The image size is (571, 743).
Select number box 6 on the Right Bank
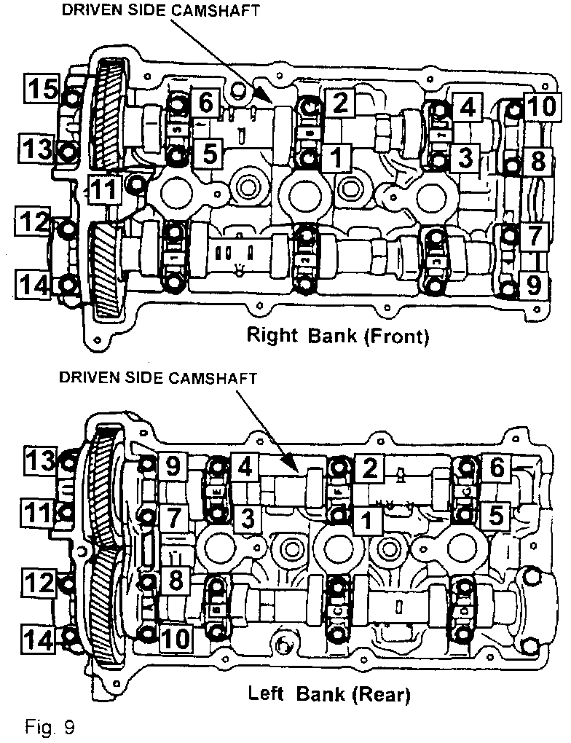pyautogui.click(x=206, y=103)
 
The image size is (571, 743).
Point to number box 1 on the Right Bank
pyautogui.click(x=336, y=155)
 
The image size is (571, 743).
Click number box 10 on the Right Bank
pyautogui.click(x=540, y=108)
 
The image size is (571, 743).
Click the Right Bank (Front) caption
pyautogui.click(x=338, y=336)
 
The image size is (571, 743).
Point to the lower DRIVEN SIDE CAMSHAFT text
pyautogui.click(x=158, y=378)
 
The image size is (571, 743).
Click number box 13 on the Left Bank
pyautogui.click(x=41, y=460)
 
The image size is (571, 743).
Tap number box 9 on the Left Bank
pyautogui.click(x=172, y=466)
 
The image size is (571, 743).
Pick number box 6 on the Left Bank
pyautogui.click(x=495, y=468)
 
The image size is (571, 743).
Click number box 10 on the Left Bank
pyautogui.click(x=175, y=638)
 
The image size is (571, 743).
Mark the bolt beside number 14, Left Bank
pyautogui.click(x=70, y=638)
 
